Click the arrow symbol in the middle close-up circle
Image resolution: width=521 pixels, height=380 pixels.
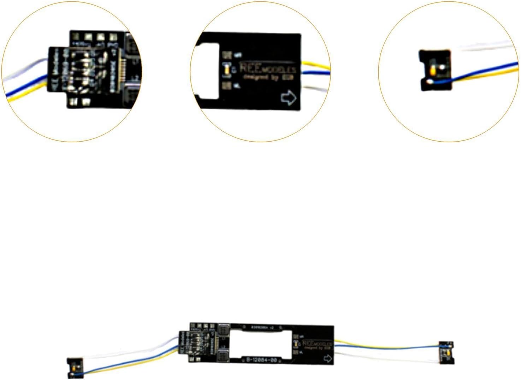(x=288, y=97)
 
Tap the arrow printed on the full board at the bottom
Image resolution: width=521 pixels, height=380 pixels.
(x=328, y=359)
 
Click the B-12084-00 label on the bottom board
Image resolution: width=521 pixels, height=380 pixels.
(x=262, y=360)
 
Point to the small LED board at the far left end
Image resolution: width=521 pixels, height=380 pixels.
(x=75, y=368)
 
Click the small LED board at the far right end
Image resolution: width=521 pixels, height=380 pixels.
(x=446, y=352)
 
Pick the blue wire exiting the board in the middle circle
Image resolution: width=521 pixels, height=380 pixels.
(x=316, y=73)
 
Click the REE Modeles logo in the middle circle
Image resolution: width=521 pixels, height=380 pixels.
(x=267, y=68)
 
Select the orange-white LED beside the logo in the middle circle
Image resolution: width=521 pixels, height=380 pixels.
(x=228, y=69)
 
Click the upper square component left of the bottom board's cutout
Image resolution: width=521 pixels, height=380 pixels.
(x=223, y=331)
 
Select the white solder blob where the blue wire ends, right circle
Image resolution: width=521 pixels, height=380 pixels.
(x=430, y=82)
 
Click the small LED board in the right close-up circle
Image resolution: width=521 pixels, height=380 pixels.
(x=435, y=70)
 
